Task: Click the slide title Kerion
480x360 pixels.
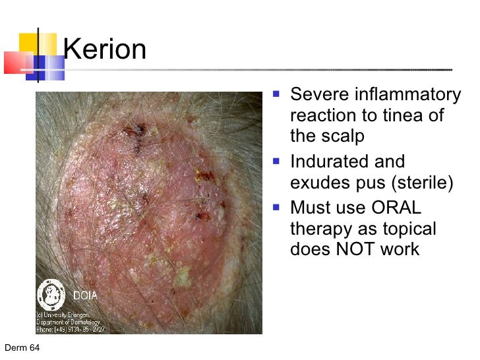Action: point(105,49)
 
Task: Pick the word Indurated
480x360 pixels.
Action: point(331,162)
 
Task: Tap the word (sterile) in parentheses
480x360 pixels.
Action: point(421,183)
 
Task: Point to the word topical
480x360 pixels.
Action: point(407,229)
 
